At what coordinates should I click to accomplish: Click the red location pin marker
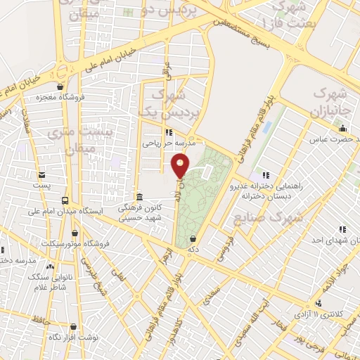[181, 166]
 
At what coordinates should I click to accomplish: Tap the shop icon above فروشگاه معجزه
[60, 87]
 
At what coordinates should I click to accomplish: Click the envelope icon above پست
[41, 175]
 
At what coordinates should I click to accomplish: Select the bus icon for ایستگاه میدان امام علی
[65, 200]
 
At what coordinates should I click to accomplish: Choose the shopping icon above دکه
[192, 238]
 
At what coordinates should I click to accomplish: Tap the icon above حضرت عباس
[342, 128]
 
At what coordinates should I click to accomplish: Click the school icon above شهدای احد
[342, 229]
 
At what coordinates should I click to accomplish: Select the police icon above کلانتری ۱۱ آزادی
[319, 303]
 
